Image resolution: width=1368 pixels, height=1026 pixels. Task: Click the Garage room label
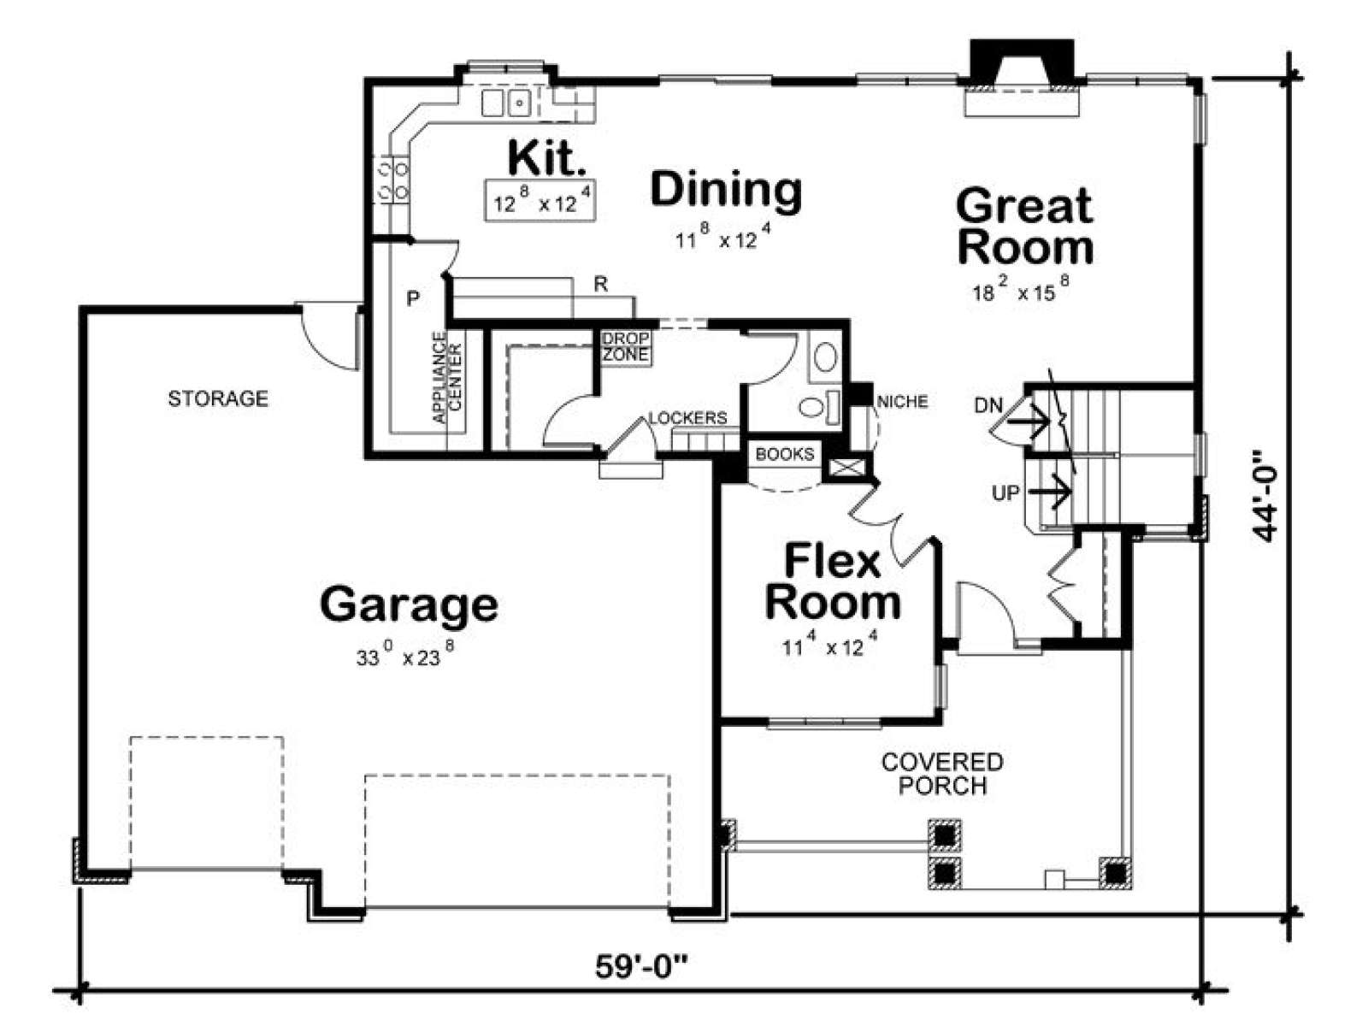[x=409, y=604]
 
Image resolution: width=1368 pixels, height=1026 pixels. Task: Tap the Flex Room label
[x=833, y=582]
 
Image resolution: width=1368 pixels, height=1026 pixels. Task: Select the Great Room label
[x=1024, y=227]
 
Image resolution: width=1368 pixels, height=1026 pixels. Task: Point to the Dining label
[x=726, y=190]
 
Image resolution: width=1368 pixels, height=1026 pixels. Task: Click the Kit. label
[x=547, y=158]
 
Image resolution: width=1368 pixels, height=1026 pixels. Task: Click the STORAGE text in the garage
[x=218, y=398]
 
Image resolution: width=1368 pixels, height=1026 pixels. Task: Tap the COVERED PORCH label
[x=942, y=774]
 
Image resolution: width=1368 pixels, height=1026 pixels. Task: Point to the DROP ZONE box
[x=625, y=348]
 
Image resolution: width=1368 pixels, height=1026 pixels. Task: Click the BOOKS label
[x=785, y=454]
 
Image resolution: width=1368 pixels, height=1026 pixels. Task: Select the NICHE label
[x=902, y=403]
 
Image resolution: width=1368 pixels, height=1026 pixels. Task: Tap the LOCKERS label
[x=688, y=418]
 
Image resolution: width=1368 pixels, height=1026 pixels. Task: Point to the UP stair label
[x=1005, y=493]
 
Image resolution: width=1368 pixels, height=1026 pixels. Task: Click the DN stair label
[x=988, y=406]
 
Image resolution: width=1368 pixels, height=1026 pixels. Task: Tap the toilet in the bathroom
[x=817, y=407]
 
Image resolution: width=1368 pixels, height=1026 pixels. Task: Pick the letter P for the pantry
[x=412, y=299]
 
